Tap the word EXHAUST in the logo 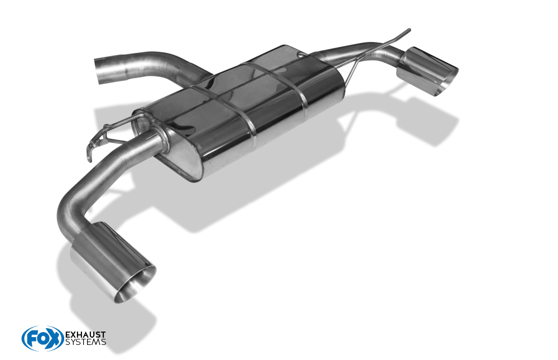[86, 335]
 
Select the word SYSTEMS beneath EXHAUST [86, 342]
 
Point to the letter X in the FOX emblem [54, 338]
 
